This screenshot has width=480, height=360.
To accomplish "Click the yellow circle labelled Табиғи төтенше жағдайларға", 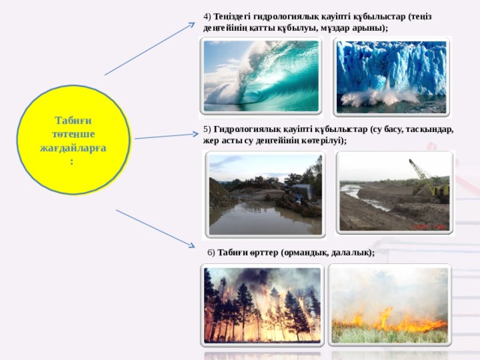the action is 73,140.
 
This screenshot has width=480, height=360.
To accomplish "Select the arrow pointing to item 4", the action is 150,49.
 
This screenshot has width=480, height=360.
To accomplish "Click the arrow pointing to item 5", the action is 166,136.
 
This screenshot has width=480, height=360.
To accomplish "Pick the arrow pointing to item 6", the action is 155,229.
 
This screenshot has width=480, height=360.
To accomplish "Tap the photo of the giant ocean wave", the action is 261,76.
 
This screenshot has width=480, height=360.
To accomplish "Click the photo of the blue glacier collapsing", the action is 391,76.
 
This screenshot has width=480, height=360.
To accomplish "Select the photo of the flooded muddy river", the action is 265,194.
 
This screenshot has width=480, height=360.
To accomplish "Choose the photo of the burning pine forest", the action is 262,305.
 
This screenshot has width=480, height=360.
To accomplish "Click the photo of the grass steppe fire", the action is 389,305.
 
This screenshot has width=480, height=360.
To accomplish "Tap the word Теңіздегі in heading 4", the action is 231,16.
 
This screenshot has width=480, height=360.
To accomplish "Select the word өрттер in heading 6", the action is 264,253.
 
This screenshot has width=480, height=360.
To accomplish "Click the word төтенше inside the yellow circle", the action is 73,134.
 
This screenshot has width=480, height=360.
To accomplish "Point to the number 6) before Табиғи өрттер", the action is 211,253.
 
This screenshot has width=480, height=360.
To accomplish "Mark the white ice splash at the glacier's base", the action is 379,97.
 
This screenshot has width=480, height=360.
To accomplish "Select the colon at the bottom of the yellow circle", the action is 72,162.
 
